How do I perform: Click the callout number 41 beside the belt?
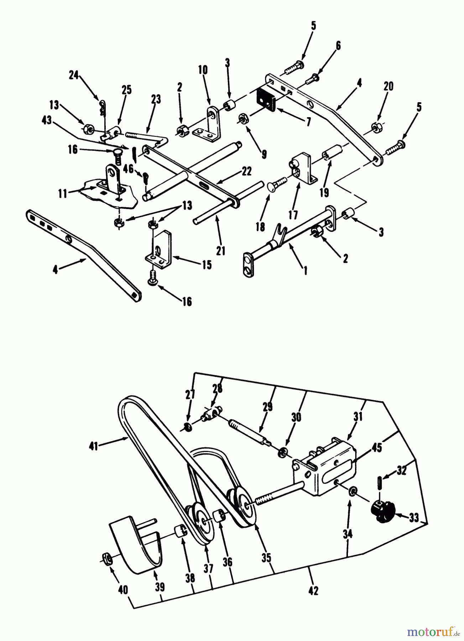(x=93, y=445)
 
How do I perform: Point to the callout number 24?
(x=74, y=76)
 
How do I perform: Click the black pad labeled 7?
(x=267, y=98)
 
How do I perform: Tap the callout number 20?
(x=389, y=87)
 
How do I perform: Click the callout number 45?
(x=377, y=448)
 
